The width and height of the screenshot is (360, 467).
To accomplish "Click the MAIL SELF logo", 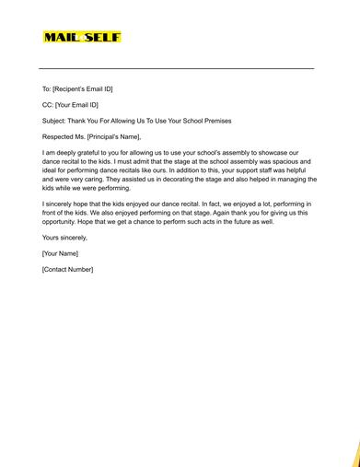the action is click(82, 38).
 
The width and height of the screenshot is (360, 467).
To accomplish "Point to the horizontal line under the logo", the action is click(176, 68).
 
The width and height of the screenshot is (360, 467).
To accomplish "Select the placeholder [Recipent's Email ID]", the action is click(83, 89).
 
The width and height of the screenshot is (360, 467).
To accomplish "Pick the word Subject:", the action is click(56, 121).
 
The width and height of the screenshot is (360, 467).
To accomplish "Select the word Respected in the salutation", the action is click(61, 136).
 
